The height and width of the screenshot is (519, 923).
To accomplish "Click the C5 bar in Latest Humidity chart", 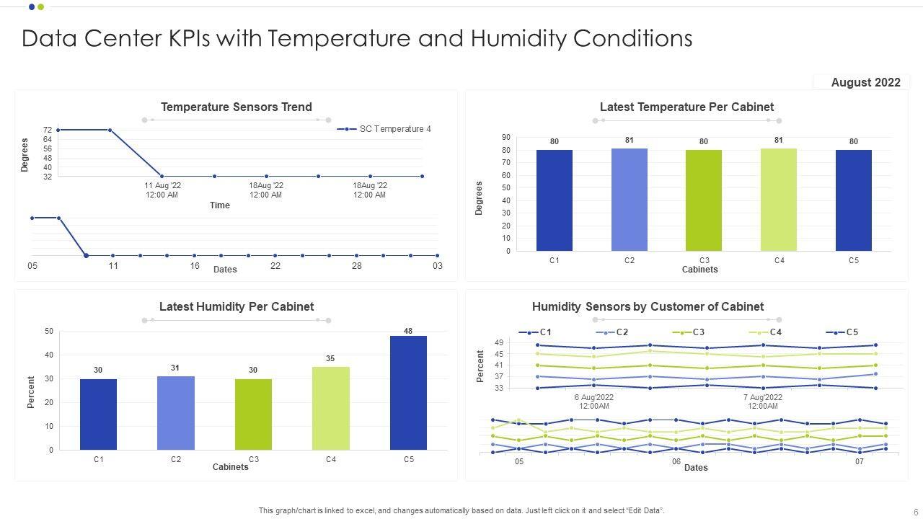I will (x=408, y=393).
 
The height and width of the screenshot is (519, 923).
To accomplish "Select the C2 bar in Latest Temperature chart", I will (x=630, y=200).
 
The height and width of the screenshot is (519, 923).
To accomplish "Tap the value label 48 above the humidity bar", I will (x=408, y=331).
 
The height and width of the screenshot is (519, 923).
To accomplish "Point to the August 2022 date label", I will (x=865, y=82).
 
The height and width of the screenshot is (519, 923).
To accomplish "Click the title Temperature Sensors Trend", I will (x=237, y=107).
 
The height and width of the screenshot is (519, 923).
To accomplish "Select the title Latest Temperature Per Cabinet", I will (x=686, y=107).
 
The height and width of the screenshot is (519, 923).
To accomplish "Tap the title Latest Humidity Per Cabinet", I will (x=237, y=306).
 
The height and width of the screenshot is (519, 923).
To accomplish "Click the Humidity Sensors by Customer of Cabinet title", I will (x=648, y=306).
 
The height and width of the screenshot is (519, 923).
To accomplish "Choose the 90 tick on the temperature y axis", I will (x=506, y=137).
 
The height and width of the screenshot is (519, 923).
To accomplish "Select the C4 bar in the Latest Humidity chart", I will (x=331, y=408).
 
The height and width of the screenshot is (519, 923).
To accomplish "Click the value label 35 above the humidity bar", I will (x=330, y=358).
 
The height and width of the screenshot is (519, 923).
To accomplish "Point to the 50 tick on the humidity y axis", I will (x=49, y=331).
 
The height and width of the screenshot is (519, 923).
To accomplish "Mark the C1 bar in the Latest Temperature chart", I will (x=555, y=200).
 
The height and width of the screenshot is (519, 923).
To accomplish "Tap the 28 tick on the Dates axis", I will (x=356, y=266).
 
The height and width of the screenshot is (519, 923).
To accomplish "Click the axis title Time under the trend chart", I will (x=220, y=205).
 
